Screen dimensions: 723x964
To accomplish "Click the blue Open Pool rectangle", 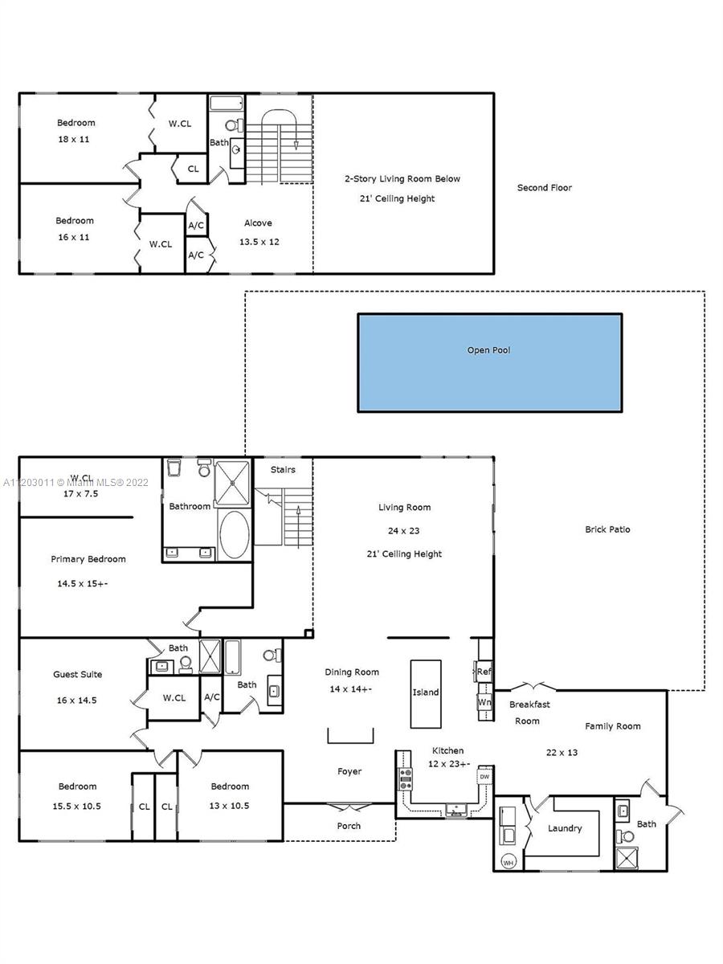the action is point(489,363).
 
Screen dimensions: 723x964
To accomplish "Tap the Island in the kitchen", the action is point(426,694).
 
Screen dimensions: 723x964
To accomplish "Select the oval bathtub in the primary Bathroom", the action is point(235,534).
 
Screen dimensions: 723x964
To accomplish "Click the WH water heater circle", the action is point(508,863).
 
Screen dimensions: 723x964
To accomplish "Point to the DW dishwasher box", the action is point(484,777).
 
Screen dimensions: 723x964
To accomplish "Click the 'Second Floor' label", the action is point(545,187).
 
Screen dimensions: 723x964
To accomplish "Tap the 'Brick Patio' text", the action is point(607,529).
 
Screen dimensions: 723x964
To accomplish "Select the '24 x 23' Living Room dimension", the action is point(403,530).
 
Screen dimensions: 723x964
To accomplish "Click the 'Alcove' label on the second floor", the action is point(258,223).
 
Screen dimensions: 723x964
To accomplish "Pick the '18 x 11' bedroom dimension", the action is point(74,139).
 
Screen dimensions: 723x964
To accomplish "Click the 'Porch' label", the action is point(349,826).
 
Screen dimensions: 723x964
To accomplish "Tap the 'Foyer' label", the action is point(349,771).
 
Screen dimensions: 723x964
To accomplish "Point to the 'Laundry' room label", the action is point(565,828).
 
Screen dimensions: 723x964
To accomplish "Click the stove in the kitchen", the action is point(405,779).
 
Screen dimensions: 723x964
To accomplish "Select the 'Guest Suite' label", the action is point(78,674).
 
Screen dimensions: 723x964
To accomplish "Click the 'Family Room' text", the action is point(613,726).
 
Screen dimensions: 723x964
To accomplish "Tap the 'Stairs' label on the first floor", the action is point(283,469).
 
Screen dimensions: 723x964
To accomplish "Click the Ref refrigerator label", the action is point(484,671).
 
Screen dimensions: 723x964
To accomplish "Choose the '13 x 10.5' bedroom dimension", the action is point(229,806).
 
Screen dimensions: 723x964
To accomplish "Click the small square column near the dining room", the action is point(309,633).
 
